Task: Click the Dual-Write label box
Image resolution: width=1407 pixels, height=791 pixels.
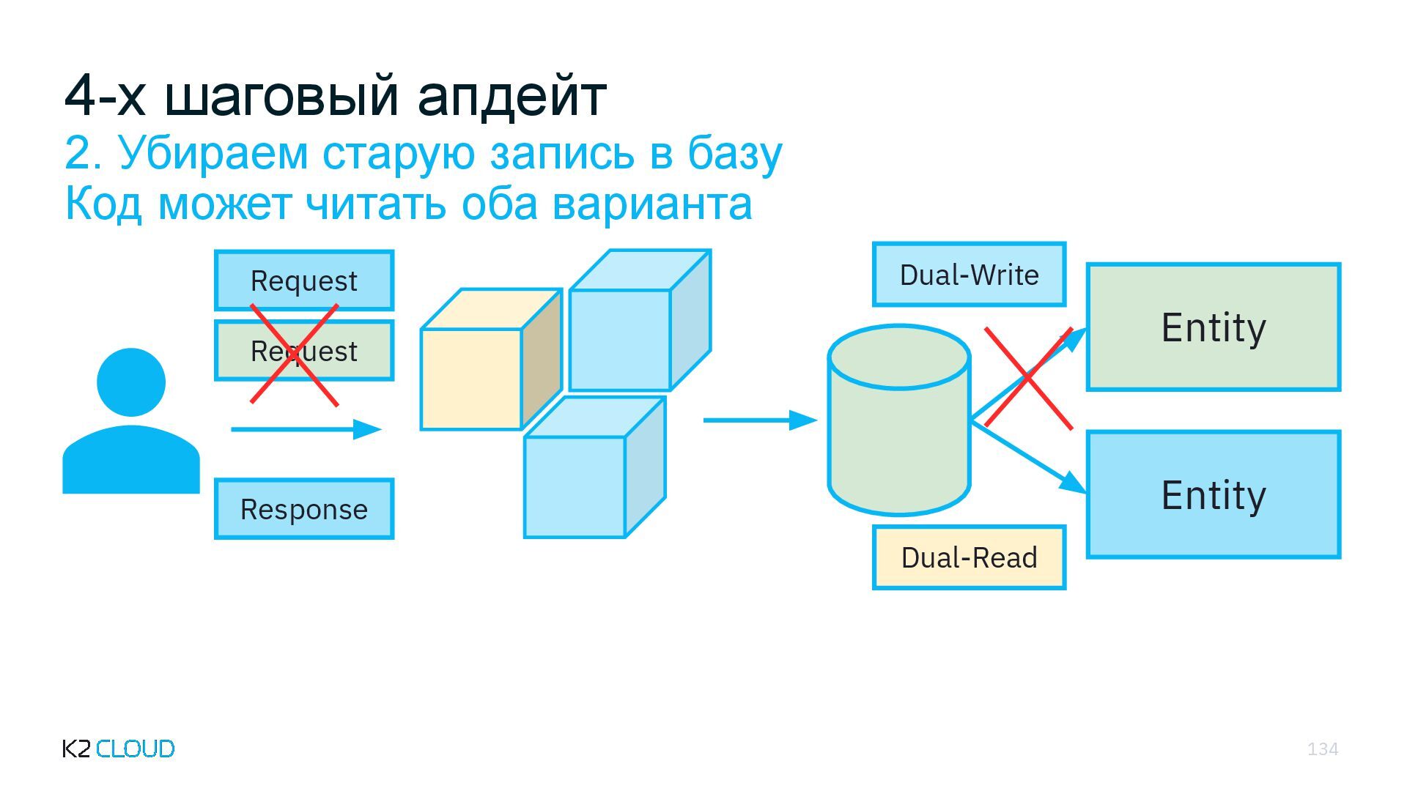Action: (969, 275)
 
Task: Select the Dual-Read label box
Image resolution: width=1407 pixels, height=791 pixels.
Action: (969, 557)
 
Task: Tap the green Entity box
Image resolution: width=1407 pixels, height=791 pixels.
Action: (1214, 327)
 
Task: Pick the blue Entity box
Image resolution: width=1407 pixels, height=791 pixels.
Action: (1214, 495)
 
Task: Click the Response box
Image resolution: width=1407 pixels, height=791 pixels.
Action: (304, 509)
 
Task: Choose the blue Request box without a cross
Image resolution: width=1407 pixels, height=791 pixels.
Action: (304, 281)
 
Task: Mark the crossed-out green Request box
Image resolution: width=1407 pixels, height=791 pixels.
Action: (304, 352)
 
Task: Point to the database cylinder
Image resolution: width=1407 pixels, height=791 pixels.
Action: (899, 421)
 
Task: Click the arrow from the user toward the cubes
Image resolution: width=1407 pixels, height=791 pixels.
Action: (306, 429)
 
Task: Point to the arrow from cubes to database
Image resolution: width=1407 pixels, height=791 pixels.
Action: (759, 420)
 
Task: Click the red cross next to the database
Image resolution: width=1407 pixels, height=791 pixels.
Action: (1028, 378)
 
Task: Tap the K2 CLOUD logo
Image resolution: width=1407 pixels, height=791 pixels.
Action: (119, 749)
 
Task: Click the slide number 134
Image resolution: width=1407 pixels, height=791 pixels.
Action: (1322, 749)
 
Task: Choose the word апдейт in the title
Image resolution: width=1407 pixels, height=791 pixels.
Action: (512, 95)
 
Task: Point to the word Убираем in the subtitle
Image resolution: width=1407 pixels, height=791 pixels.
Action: (213, 154)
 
